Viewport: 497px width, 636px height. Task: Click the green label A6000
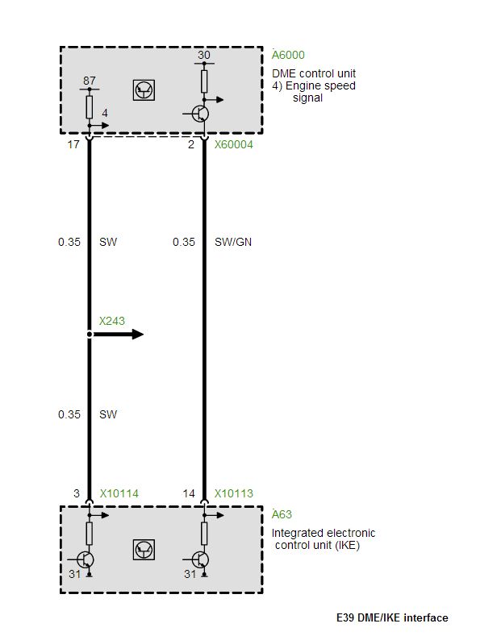tap(288, 55)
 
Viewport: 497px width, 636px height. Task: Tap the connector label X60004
tap(233, 144)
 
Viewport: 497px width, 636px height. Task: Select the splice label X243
tap(111, 321)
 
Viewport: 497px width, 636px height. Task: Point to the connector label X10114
tap(119, 493)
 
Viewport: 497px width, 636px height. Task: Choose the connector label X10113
tap(233, 493)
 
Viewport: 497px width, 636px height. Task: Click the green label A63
tap(282, 514)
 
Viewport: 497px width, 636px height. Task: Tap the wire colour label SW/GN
tap(233, 242)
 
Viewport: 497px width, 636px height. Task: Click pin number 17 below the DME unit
tap(73, 144)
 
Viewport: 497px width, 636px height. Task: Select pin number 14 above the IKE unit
tap(189, 493)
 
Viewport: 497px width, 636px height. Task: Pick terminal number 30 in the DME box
tap(204, 55)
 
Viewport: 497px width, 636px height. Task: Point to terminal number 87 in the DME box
tap(90, 81)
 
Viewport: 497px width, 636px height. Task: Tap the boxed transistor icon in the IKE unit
tap(144, 550)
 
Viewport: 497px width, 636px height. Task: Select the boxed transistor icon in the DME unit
tap(144, 90)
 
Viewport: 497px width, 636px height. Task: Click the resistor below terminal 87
tap(90, 107)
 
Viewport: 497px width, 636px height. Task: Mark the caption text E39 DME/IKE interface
tap(392, 617)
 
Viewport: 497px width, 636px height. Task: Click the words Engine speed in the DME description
tap(320, 85)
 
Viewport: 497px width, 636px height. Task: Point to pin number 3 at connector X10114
tap(77, 493)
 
